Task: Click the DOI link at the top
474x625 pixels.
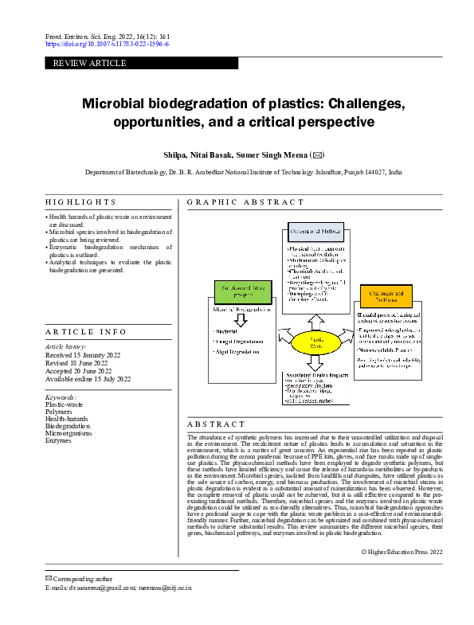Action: (107, 45)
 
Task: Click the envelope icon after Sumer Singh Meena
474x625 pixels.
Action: (318, 154)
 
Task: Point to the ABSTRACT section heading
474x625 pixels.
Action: (217, 424)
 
